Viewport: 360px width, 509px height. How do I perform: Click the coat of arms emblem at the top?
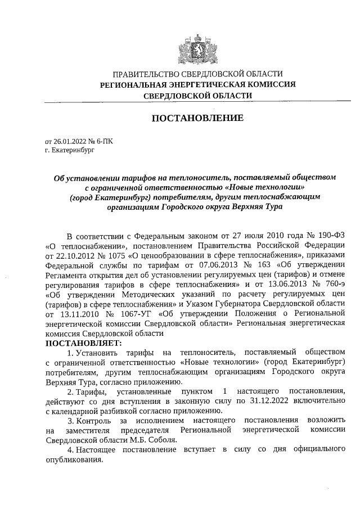tap(196, 47)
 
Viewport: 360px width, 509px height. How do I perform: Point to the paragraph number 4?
tap(70, 451)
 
